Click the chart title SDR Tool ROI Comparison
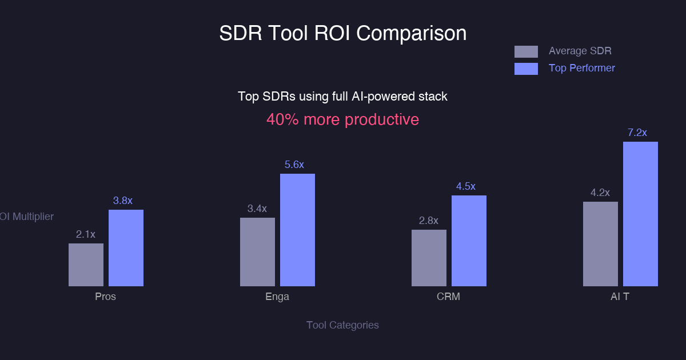[x=343, y=33]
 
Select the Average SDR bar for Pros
[x=86, y=265]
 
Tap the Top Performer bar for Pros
[x=126, y=248]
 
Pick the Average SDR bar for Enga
[x=257, y=252]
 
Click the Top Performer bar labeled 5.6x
[x=297, y=230]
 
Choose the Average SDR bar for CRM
[x=429, y=258]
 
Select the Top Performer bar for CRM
[x=469, y=241]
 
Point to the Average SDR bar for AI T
[x=600, y=244]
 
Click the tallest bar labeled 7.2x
[x=640, y=214]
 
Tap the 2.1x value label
[x=86, y=234]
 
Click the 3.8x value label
[x=122, y=201]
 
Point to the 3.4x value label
[x=257, y=209]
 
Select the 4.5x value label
[x=465, y=186]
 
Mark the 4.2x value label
[x=600, y=193]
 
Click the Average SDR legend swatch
[x=526, y=51]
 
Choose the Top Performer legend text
[x=582, y=68]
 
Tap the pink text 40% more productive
[x=342, y=119]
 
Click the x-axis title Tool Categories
[x=342, y=325]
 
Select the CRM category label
[x=448, y=297]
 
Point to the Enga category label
[x=277, y=297]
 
